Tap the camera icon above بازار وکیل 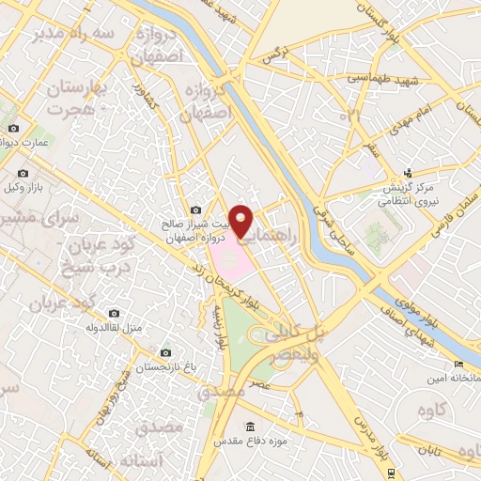point(23,173)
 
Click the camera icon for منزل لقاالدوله point(114,313)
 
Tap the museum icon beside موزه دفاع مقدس point(250,428)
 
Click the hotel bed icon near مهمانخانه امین point(458,365)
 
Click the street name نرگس point(272,55)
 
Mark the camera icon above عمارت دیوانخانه point(12,129)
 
